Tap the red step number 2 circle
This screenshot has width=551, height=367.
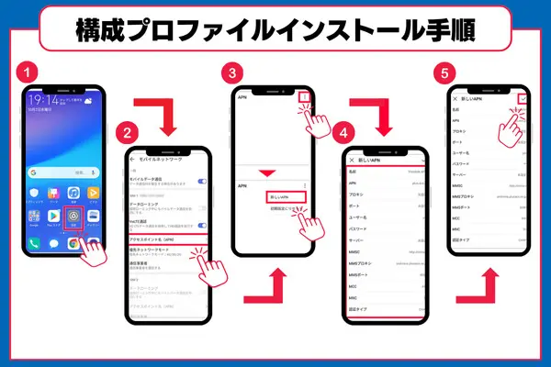pos(132,132)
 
